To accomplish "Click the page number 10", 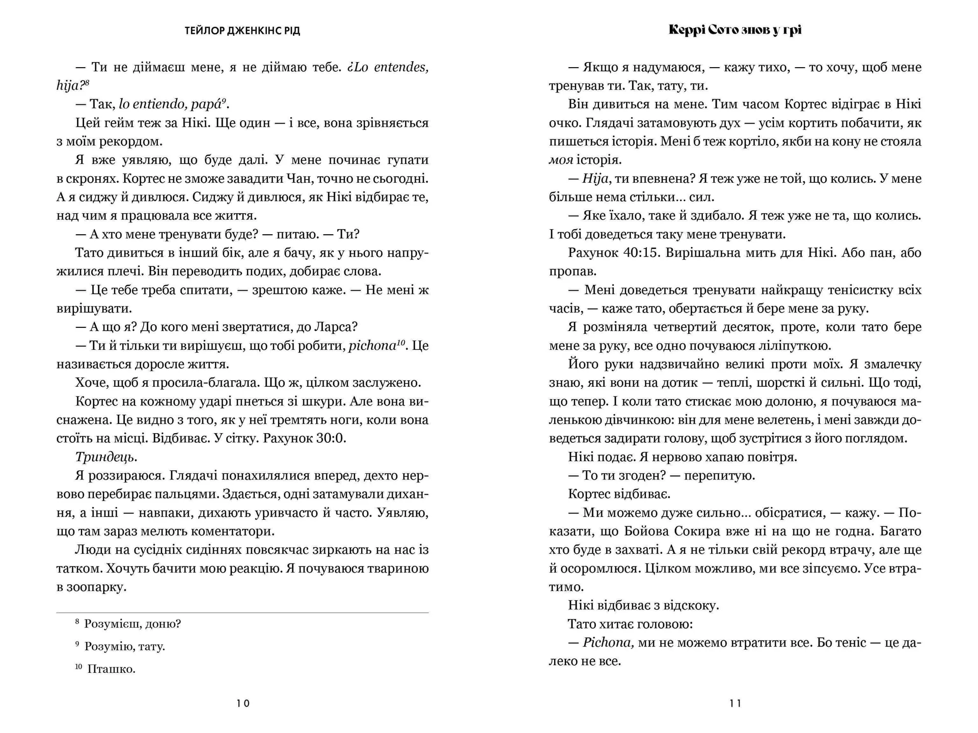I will click(x=243, y=703).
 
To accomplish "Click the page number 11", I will click(x=735, y=703).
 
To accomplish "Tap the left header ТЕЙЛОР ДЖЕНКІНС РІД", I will click(x=242, y=31).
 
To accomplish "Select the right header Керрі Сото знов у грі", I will click(x=735, y=30).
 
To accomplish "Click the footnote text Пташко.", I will click(x=111, y=669).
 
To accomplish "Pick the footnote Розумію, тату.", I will click(x=124, y=646).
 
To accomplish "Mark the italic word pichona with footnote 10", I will click(x=372, y=346).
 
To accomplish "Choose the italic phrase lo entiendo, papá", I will click(x=171, y=104).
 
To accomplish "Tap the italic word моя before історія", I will click(x=561, y=160).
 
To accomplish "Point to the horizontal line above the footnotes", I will click(x=242, y=612).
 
